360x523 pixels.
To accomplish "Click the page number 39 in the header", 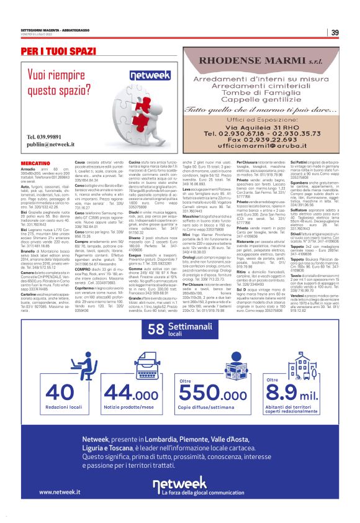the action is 335,32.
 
